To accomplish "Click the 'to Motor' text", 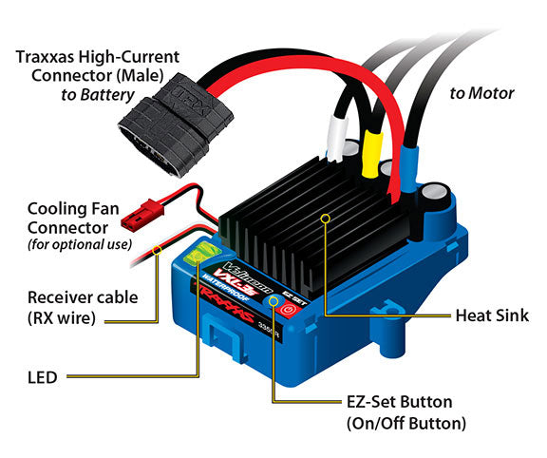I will [x=481, y=93].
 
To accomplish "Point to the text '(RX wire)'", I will [x=62, y=318].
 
